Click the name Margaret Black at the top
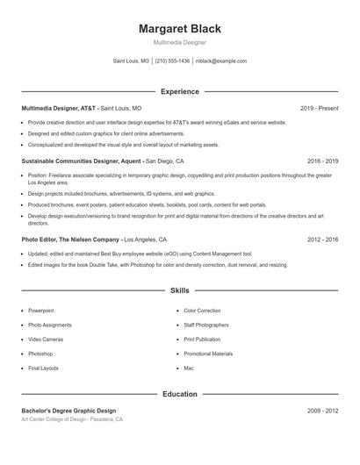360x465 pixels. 179,28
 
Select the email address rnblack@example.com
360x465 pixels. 220,61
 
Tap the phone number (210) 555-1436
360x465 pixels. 173,61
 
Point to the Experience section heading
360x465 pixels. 179,91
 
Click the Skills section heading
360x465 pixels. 179,290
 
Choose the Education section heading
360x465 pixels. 179,394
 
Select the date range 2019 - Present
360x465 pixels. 319,108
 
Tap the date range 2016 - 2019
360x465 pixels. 322,161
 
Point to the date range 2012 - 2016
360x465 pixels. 322,239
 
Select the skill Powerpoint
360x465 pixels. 40,311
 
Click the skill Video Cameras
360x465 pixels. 45,339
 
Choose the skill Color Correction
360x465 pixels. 202,311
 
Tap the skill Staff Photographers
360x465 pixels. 206,325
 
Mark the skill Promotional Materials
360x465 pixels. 208,354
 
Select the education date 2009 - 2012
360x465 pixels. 322,411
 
